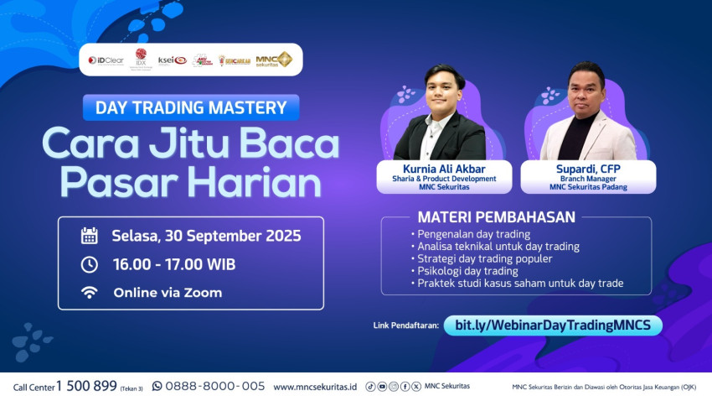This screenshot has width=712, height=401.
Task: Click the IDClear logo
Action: pyautogui.click(x=106, y=60)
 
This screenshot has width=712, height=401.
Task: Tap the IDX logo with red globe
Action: pyautogui.click(x=141, y=59)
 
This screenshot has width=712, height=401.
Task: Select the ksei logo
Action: pyautogui.click(x=172, y=60)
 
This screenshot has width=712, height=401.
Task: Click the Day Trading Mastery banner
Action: pyautogui.click(x=191, y=107)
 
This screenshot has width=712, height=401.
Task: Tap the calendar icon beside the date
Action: pyautogui.click(x=89, y=236)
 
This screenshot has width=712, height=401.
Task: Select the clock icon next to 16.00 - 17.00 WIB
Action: pyautogui.click(x=89, y=264)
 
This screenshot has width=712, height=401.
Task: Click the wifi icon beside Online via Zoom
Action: pyautogui.click(x=89, y=293)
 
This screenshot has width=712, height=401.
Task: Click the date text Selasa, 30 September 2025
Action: pyautogui.click(x=206, y=236)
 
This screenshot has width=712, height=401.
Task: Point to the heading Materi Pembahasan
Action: pyautogui.click(x=496, y=217)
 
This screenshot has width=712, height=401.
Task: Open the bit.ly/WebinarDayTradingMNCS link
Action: pyautogui.click(x=553, y=325)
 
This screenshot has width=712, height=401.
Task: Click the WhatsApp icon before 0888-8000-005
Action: pyautogui.click(x=157, y=387)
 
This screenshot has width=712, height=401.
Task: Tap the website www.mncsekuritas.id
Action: pyautogui.click(x=315, y=387)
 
